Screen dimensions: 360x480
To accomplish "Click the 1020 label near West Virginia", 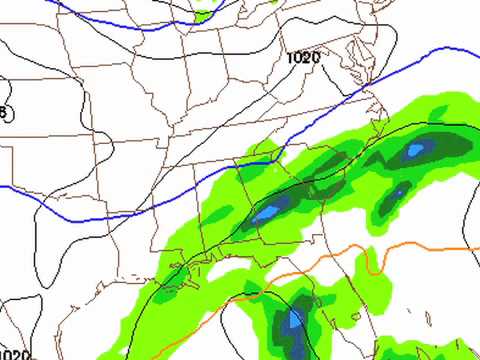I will coord(302,58).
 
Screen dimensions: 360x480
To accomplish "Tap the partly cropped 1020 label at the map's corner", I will coord(14,353).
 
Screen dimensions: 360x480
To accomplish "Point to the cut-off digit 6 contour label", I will coord(3,113).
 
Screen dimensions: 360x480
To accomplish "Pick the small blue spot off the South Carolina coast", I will coord(398,191).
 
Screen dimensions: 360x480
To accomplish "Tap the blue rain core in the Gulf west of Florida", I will coord(294,322).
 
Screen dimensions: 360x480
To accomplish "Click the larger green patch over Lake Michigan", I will coord(205,13).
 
